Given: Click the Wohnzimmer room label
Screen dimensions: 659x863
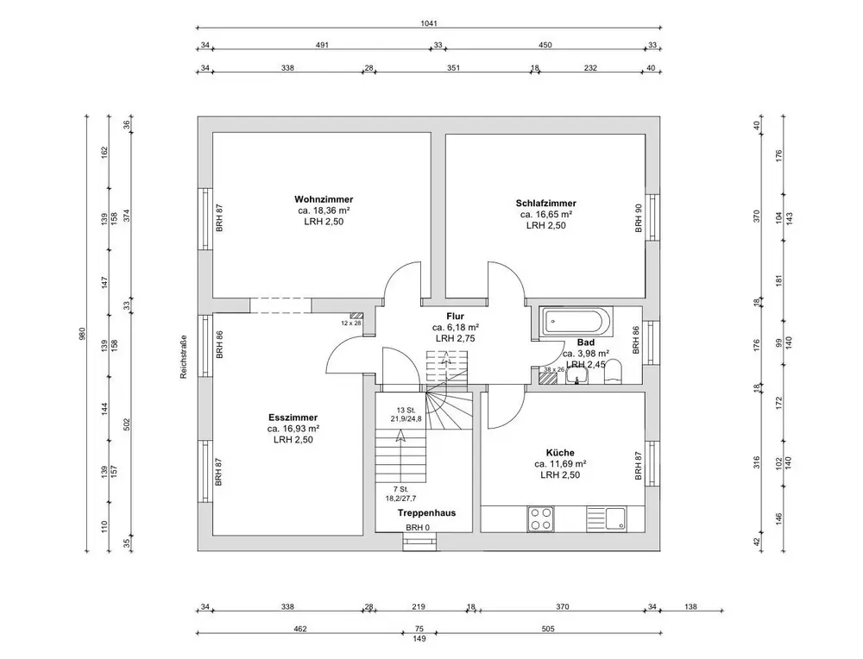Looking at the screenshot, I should (324, 199).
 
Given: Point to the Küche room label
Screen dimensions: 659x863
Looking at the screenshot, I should (559, 452).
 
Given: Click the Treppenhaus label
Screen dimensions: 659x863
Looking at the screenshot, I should (426, 512).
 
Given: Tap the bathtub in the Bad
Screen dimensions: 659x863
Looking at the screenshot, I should (576, 324).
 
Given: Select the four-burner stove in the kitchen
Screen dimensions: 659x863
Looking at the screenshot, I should (541, 518).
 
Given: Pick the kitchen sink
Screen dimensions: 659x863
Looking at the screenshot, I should (616, 518).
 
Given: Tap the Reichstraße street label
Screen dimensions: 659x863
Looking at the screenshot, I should (184, 357).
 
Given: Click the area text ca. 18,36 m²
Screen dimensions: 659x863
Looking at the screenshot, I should (324, 210).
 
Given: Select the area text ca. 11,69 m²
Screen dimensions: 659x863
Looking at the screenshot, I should (559, 463).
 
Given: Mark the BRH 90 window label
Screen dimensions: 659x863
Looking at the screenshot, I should (639, 218).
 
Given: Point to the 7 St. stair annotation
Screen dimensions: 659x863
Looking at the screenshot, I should (400, 489).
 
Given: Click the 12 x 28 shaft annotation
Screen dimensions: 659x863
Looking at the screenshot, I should (350, 323).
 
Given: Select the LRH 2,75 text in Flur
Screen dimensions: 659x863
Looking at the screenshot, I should (455, 339).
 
